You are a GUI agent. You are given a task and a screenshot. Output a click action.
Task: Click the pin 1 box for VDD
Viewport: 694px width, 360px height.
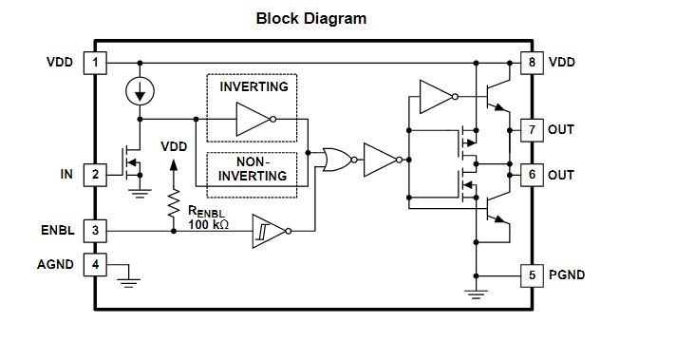(x=95, y=63)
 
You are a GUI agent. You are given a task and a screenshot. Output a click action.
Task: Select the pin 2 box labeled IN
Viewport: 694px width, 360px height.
(x=95, y=175)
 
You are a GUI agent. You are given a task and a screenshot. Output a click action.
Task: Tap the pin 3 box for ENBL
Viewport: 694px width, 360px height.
(x=95, y=231)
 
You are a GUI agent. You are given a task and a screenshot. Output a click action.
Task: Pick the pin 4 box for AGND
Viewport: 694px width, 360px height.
(x=95, y=265)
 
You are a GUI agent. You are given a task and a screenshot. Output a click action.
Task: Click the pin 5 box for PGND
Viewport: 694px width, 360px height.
(x=532, y=275)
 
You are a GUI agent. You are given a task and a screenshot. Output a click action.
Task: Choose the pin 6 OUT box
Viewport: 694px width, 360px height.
(x=532, y=175)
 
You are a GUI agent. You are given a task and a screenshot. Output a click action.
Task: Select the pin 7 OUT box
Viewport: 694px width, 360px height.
(x=532, y=130)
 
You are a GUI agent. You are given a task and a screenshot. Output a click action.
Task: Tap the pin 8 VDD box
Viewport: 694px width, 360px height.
(x=532, y=63)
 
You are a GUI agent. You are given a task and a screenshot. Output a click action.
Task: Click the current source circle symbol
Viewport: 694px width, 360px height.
(x=140, y=91)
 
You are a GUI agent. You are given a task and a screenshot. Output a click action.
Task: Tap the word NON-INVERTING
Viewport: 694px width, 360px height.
(x=253, y=169)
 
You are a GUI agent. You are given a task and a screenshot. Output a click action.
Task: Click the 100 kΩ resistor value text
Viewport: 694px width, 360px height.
(x=209, y=224)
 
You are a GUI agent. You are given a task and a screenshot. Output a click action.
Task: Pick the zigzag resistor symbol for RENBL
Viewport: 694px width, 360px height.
(x=174, y=203)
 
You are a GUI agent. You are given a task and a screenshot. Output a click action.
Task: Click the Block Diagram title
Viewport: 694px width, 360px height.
(x=311, y=19)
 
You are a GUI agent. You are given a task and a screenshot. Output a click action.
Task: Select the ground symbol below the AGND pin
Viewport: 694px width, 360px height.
(x=129, y=283)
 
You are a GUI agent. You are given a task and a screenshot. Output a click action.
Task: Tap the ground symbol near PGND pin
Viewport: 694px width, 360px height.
(x=476, y=294)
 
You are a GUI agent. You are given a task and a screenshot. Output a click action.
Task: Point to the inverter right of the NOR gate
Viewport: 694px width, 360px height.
(x=384, y=160)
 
